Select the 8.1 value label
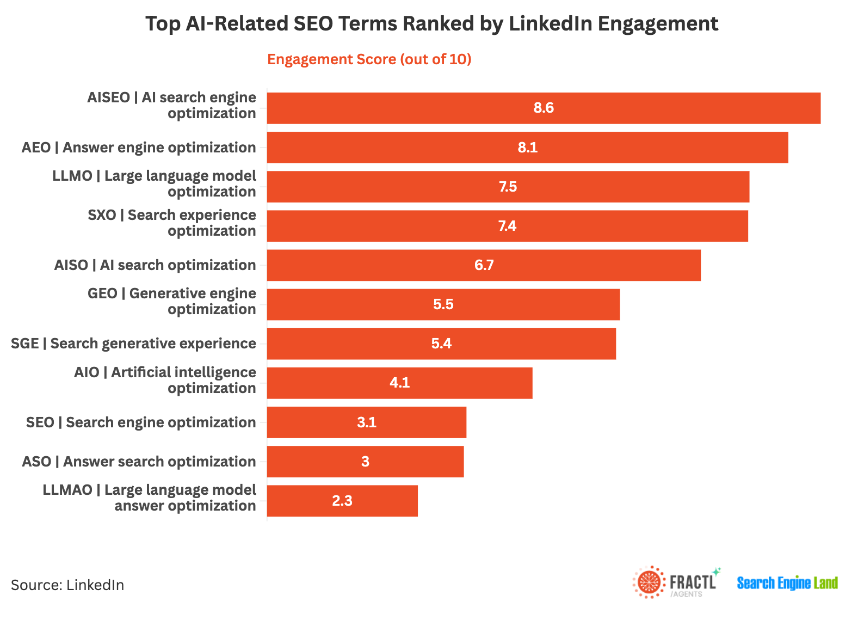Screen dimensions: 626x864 pyautogui.click(x=527, y=148)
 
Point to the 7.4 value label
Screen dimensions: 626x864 pyautogui.click(x=507, y=226)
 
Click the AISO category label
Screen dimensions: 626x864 pyautogui.click(x=155, y=265)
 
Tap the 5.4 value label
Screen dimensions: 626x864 pyautogui.click(x=441, y=343)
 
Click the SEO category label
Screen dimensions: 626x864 pyautogui.click(x=141, y=422)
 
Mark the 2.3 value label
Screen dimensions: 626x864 pyautogui.click(x=342, y=501)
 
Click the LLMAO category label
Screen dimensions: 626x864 pyautogui.click(x=150, y=498)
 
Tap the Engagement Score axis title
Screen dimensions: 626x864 pyautogui.click(x=369, y=59)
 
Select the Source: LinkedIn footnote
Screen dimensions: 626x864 pyautogui.click(x=67, y=585)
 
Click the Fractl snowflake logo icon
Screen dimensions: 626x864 pyautogui.click(x=649, y=582)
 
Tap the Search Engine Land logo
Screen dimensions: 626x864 pyautogui.click(x=787, y=583)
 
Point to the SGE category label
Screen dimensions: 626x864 pyautogui.click(x=133, y=343)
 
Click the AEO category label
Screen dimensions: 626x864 pyautogui.click(x=139, y=148)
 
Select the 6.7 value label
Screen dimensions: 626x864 pyautogui.click(x=484, y=265)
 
